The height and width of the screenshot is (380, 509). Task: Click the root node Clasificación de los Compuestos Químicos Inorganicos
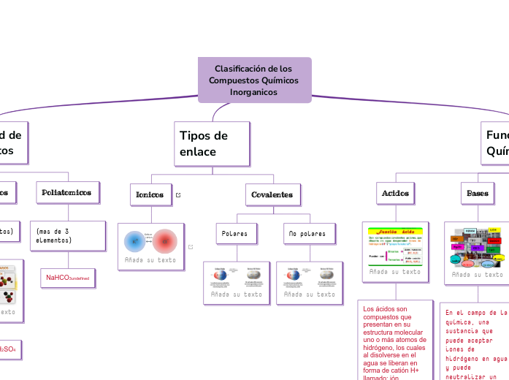click(x=254, y=80)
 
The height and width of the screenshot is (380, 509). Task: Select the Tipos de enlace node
click(x=213, y=144)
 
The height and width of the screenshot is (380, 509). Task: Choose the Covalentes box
click(x=272, y=194)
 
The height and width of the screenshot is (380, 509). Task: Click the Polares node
click(x=237, y=234)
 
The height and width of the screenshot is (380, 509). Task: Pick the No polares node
click(x=307, y=234)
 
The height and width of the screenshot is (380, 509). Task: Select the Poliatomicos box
click(x=68, y=192)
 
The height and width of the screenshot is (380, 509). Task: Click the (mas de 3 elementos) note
click(x=67, y=235)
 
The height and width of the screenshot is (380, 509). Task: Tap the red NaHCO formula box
click(x=68, y=278)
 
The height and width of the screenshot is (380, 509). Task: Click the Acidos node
click(x=395, y=193)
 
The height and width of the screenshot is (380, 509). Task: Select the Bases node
click(x=478, y=193)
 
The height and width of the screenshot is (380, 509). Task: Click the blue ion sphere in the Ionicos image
click(x=135, y=240)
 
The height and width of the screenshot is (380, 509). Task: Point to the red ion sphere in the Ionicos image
click(x=165, y=240)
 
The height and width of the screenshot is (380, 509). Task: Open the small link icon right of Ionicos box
click(x=178, y=195)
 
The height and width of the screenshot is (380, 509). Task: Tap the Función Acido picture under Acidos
click(x=395, y=246)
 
